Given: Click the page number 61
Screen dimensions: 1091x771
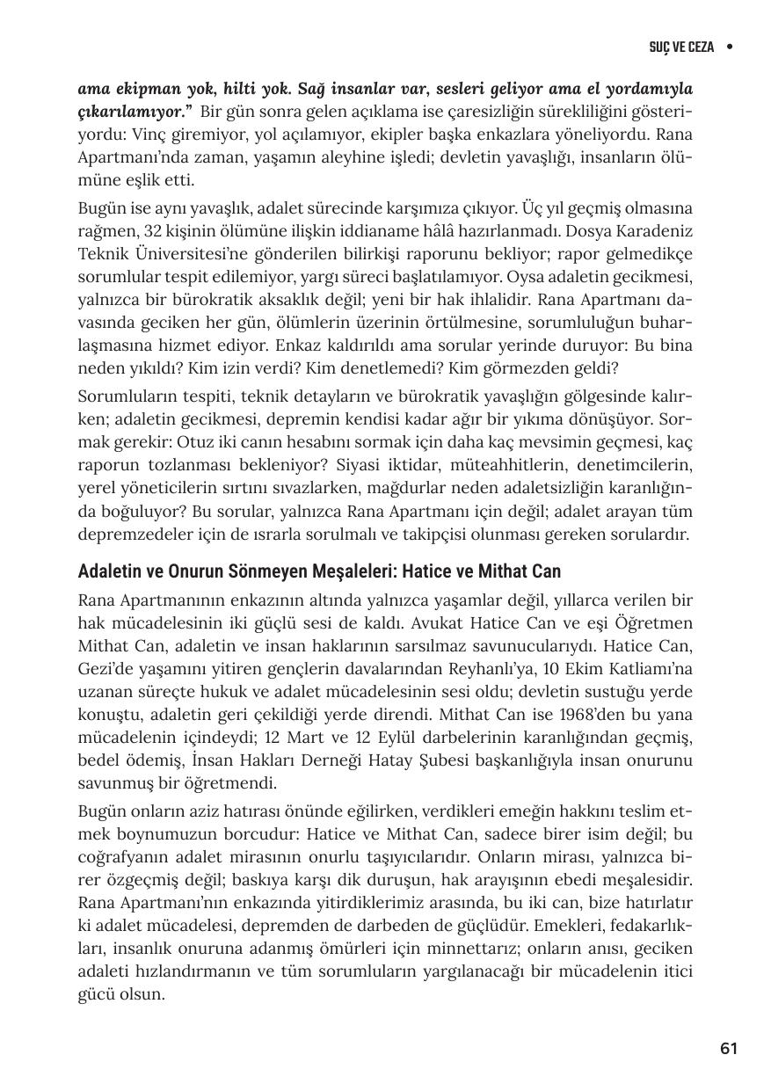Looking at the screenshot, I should click(x=728, y=1048).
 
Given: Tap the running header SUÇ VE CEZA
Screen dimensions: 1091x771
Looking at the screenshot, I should click(x=681, y=47).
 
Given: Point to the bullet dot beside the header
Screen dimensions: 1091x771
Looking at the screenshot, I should click(x=730, y=47).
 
